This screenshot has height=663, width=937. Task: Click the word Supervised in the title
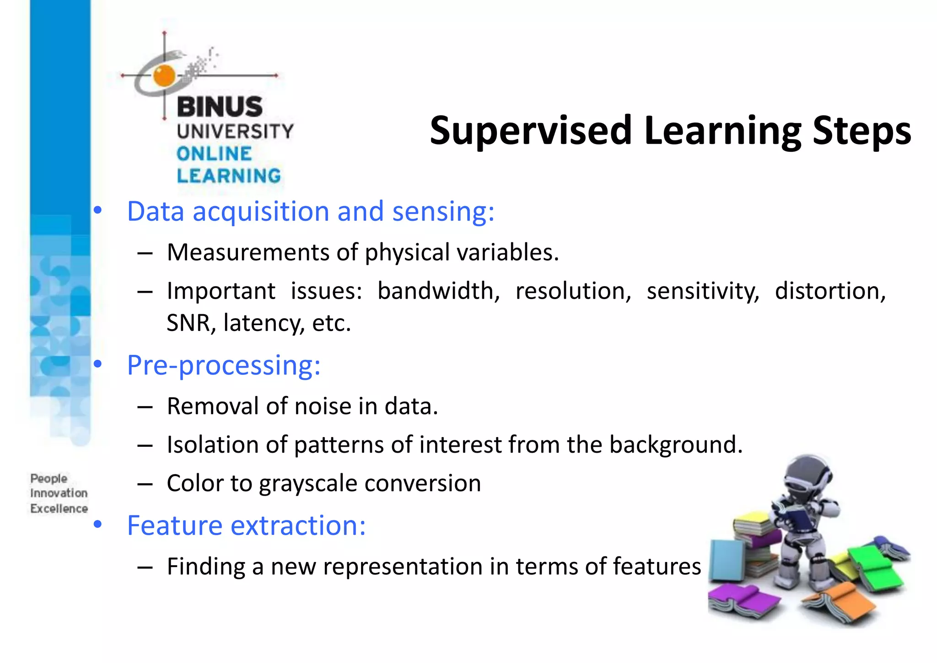point(531,131)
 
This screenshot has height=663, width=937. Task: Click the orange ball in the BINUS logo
point(164,75)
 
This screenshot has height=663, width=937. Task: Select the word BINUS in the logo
point(220,107)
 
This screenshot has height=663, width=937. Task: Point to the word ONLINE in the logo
point(214,154)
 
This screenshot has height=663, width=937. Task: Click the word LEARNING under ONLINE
point(229,176)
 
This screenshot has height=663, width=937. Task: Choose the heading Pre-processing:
point(223,365)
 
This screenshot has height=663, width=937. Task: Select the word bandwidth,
point(438,291)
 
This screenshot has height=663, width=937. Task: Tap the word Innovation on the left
point(59,493)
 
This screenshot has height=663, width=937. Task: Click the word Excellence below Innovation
point(59,508)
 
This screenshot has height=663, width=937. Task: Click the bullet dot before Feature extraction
point(97,525)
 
